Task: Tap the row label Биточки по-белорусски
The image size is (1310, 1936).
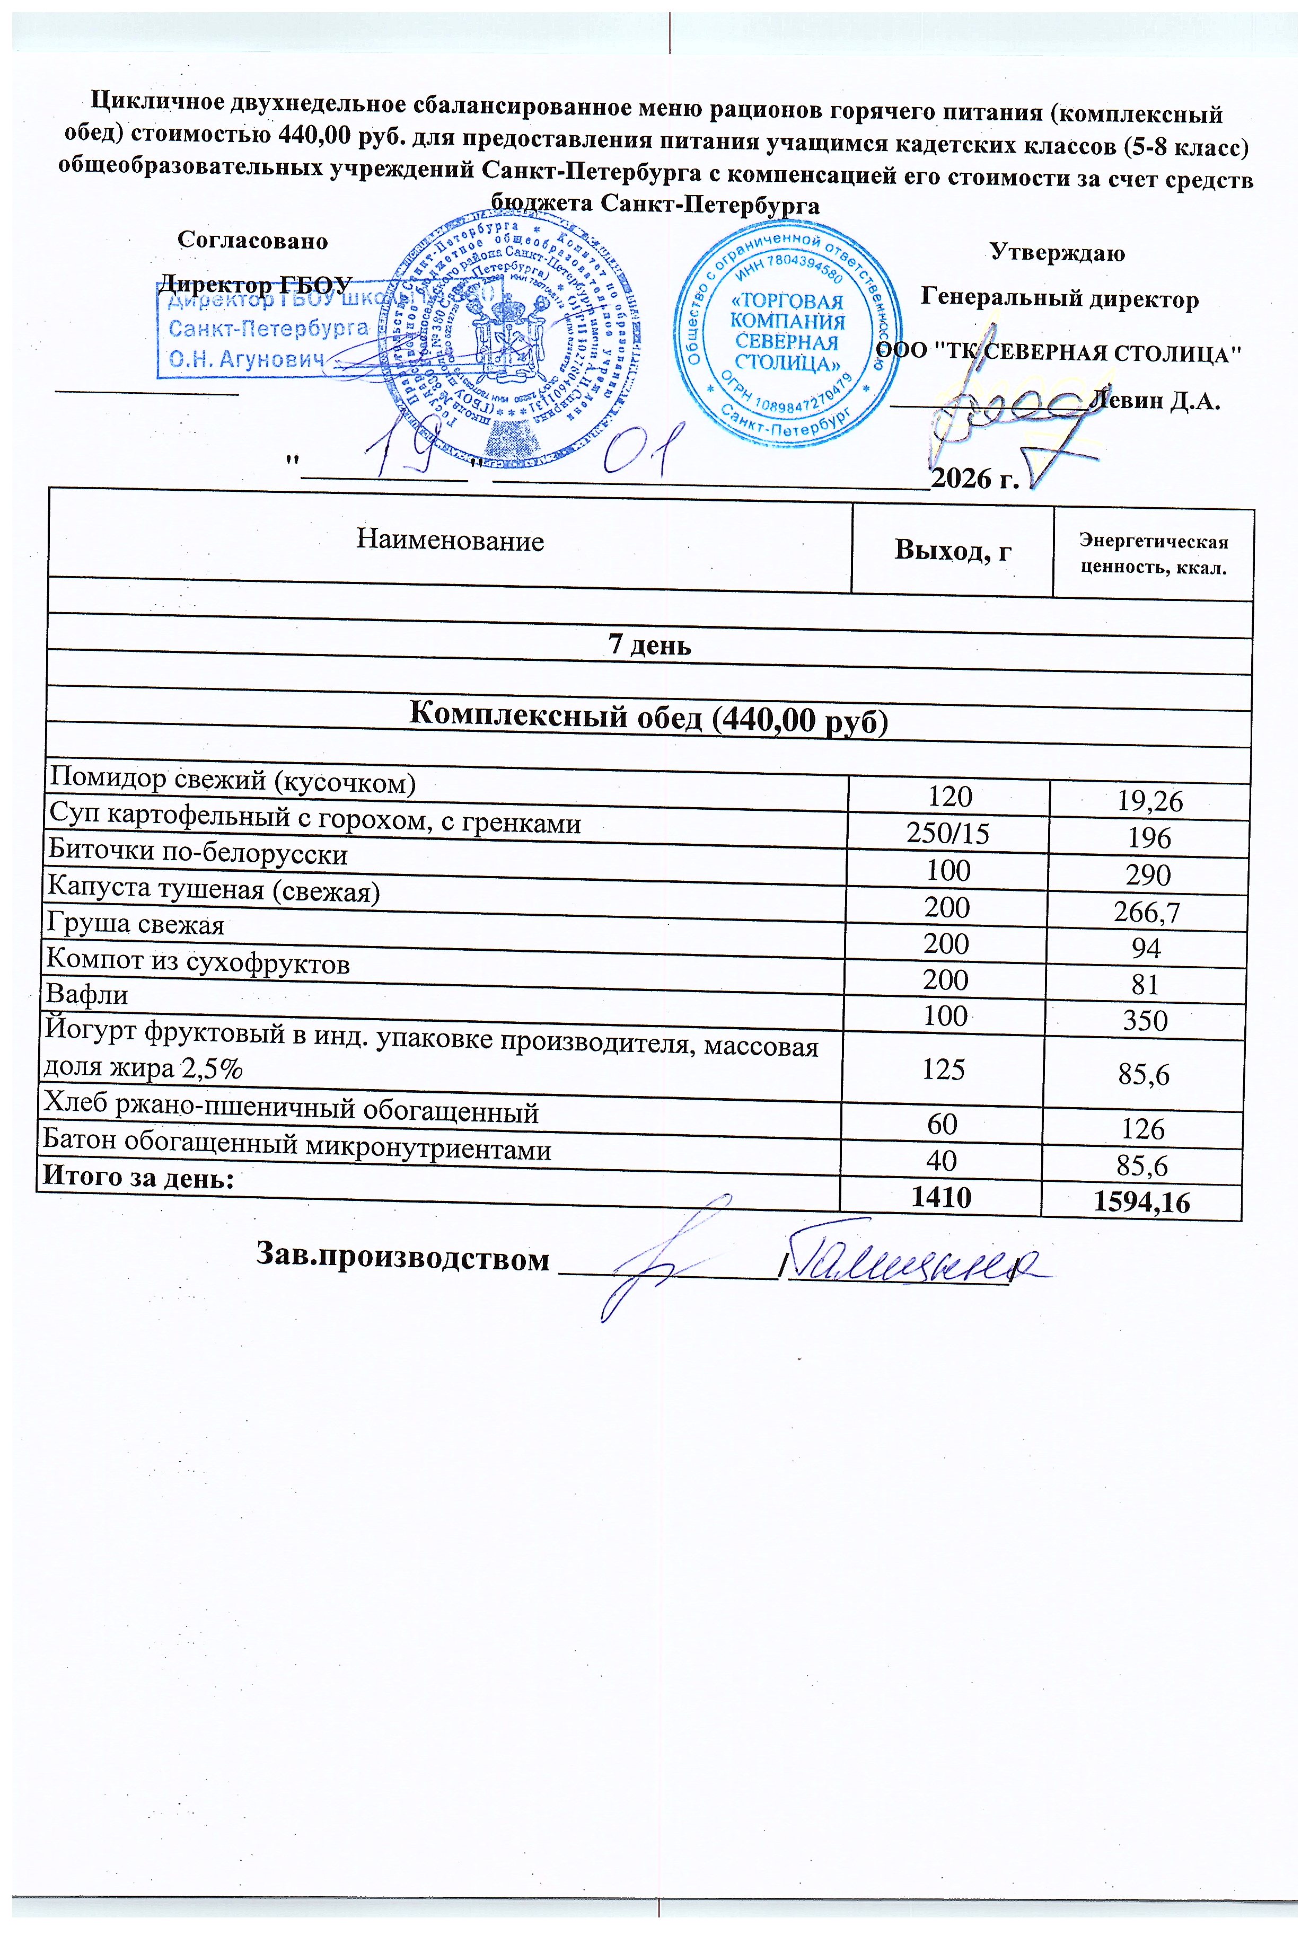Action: coord(198,854)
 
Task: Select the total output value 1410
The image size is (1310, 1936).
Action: coord(942,1197)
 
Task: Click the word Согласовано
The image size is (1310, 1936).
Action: coord(252,241)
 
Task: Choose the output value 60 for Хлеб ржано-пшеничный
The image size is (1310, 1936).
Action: coord(943,1125)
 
